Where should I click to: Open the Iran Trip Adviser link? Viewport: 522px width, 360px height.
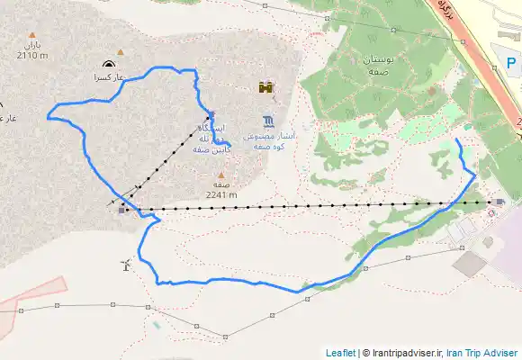tap(482, 353)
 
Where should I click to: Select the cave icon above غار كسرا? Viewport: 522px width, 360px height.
tap(109, 64)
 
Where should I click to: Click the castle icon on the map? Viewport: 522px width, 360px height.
tap(265, 87)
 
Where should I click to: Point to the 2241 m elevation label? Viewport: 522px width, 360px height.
tap(220, 193)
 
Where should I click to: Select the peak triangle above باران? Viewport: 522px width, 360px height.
tap(31, 34)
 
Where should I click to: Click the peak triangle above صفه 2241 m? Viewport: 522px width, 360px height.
tap(220, 175)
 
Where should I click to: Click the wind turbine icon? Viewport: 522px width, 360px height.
tap(125, 265)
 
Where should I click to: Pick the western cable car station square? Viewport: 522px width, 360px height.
tap(122, 211)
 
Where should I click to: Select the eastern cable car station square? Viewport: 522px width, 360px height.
tap(499, 202)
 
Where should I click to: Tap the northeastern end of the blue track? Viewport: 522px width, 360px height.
tap(458, 140)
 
